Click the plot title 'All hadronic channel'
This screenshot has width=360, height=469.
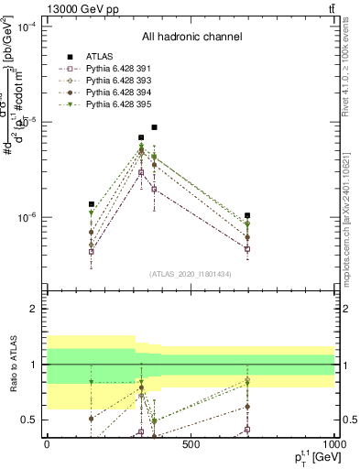191,38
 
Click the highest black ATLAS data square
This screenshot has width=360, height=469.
155,127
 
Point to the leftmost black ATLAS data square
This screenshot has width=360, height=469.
91,204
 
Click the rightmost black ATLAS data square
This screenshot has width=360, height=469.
248,216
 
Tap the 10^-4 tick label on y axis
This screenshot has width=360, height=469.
28,27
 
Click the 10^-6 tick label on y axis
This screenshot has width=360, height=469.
28,218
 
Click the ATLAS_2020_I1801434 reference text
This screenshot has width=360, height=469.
191,274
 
